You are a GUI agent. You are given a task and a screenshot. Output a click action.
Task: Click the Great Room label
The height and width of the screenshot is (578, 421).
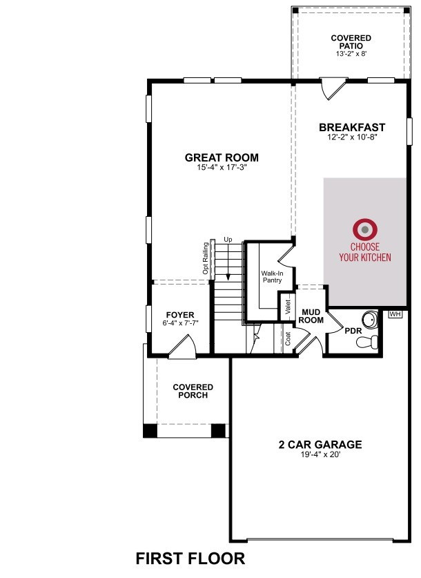coord(222,157)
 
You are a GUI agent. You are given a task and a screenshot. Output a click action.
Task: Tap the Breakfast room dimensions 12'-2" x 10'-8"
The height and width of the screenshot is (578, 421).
coord(353,137)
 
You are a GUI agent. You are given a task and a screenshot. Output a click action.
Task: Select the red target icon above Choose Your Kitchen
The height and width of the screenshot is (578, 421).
coord(365,230)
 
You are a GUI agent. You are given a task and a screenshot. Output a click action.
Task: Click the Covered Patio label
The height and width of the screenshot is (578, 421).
coord(351,42)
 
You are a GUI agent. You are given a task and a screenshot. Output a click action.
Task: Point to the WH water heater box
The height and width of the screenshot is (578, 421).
coord(395,314)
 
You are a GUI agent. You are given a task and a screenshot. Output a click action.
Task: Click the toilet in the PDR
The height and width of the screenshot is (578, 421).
coord(368,341)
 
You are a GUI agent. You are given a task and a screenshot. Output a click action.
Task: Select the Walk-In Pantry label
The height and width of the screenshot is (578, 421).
coord(272,277)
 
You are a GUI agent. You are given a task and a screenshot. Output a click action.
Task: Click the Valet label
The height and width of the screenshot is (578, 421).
coord(288,307)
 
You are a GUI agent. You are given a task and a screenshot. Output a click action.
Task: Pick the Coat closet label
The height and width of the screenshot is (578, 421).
coord(288,339)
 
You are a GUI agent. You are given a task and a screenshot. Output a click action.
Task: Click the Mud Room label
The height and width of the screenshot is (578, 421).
coord(311,316)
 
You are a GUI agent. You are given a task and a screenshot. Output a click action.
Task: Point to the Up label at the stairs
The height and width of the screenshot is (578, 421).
coord(228,240)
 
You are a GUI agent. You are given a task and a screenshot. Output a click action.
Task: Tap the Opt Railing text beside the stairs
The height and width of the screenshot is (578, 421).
coord(206,258)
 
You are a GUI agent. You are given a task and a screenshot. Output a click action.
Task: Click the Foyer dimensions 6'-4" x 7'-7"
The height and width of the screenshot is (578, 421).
coord(181,323)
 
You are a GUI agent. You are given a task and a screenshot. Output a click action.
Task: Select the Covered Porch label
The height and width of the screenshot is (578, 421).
coord(193,391)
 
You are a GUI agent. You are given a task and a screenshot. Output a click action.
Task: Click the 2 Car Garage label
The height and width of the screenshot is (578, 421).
coord(320,444)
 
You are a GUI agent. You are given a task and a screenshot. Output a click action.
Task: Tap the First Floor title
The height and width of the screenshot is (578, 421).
coord(190,559)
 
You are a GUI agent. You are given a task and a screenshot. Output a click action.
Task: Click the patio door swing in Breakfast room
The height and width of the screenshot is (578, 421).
coord(333,88)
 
